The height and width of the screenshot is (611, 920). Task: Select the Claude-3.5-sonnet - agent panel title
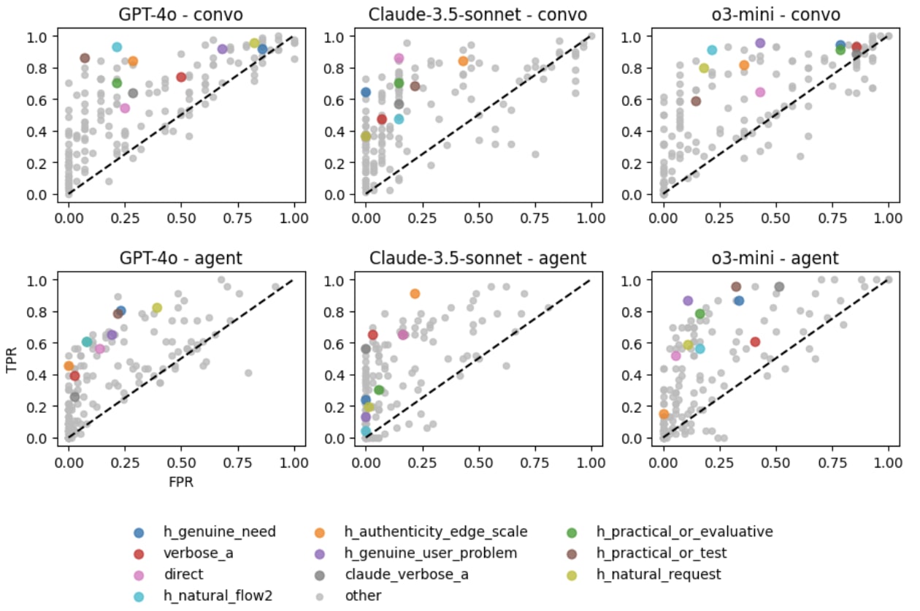pos(478,258)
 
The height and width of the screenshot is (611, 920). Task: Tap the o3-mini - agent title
pos(775,258)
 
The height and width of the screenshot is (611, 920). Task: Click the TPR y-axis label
pos(12,359)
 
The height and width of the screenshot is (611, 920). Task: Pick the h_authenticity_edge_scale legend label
pos(435,532)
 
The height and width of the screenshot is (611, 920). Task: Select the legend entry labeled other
pos(363,596)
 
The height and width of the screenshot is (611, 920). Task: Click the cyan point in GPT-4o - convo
pos(117,47)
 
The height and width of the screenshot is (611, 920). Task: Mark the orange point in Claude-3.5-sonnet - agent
pos(415,294)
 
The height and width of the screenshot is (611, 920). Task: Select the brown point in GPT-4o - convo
pos(85,58)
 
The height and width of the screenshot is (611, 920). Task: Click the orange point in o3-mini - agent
pos(664,414)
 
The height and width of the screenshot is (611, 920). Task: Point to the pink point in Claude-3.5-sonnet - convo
pos(399,58)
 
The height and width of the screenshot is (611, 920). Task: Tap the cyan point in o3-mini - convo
pos(712,50)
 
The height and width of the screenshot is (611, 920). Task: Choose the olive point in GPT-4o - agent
pos(157,308)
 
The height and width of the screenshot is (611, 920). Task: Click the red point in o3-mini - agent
pos(755,341)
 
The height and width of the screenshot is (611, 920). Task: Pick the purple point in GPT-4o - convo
pos(223,49)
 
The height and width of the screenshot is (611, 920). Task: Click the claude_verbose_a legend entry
pos(407,574)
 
